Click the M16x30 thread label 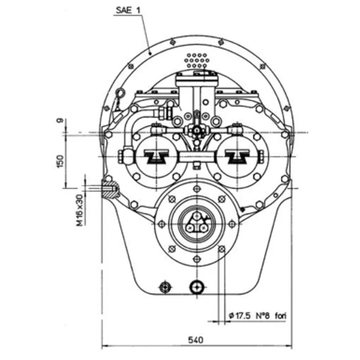(79, 210)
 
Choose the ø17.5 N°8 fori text (257, 316)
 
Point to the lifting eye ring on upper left (120, 94)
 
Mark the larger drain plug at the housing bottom (197, 286)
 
